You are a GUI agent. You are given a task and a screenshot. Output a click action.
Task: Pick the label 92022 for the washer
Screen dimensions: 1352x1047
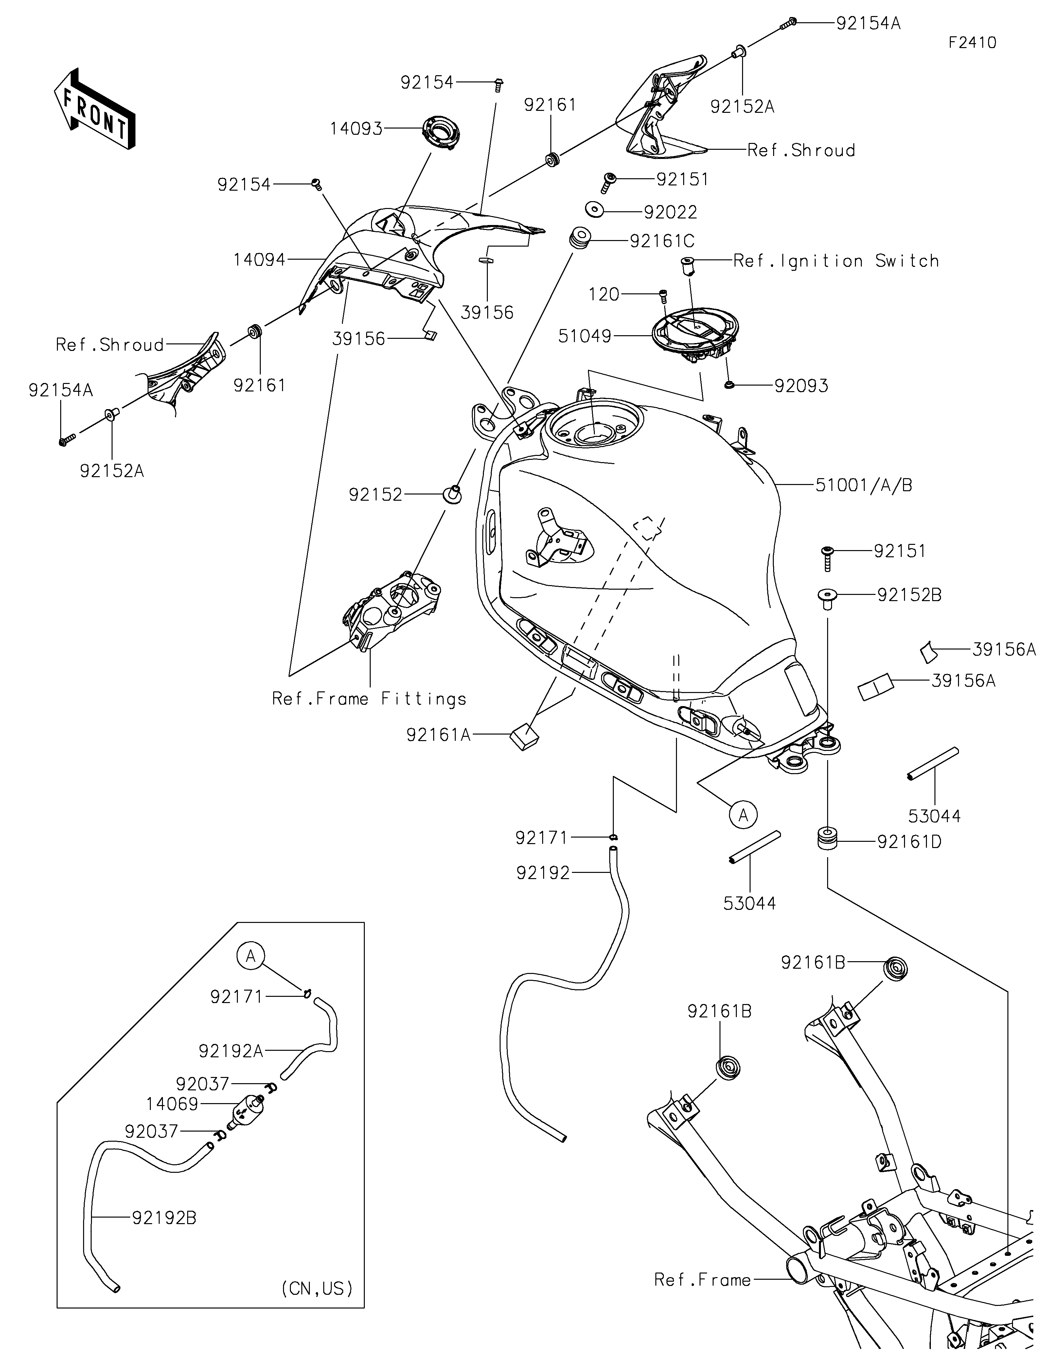tap(670, 212)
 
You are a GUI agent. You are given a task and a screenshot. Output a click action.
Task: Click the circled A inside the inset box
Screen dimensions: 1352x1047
tap(251, 956)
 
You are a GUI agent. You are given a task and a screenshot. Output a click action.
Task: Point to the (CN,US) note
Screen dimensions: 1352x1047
tap(317, 1288)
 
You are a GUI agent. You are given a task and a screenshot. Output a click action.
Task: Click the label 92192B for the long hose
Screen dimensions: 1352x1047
tap(164, 1218)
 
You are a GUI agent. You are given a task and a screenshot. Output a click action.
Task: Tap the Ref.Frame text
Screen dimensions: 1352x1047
tap(702, 1280)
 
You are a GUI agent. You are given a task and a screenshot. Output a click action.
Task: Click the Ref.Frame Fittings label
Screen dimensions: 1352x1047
tap(369, 699)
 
